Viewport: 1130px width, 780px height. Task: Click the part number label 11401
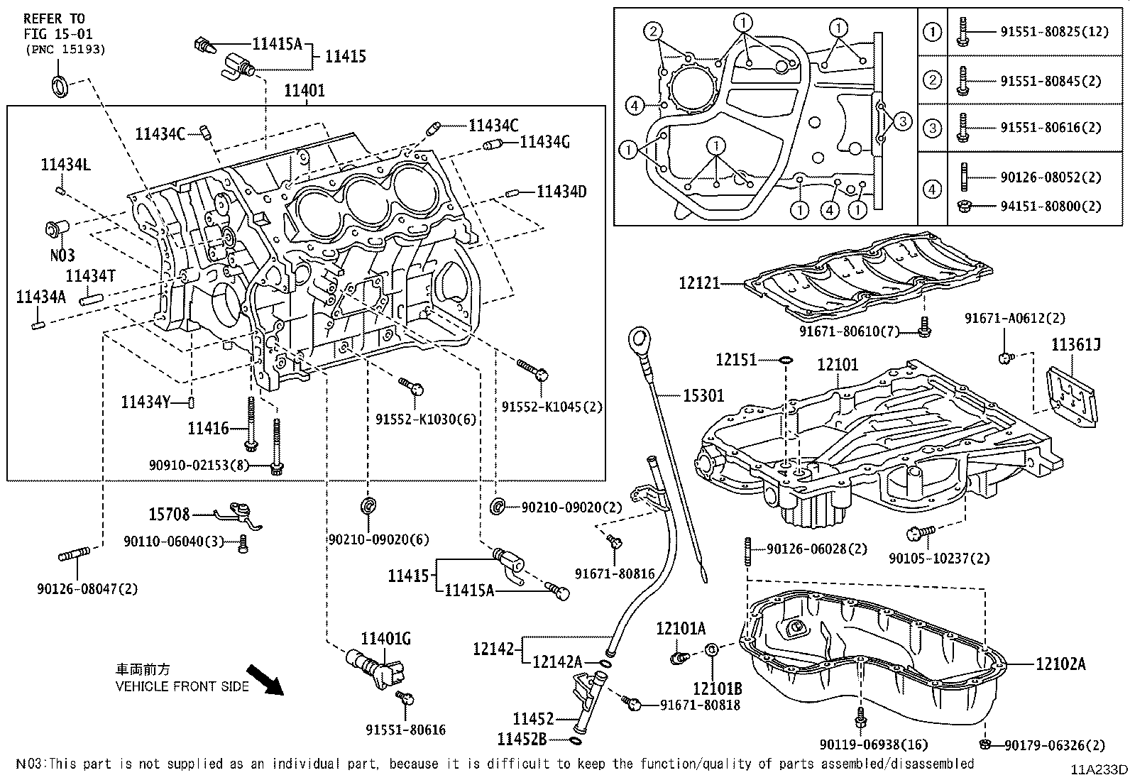coord(305,91)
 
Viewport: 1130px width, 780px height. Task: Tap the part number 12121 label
coord(699,283)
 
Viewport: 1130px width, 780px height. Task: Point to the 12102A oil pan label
coord(1060,664)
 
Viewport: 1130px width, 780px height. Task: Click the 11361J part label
coord(1075,345)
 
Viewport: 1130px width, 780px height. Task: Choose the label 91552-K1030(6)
coord(426,419)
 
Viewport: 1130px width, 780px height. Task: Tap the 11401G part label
coord(386,639)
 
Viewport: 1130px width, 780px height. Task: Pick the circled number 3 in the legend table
coord(932,128)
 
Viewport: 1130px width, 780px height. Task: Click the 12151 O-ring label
coord(736,361)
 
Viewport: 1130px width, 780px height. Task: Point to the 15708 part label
coord(169,514)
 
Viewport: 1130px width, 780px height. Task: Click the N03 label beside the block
coord(62,255)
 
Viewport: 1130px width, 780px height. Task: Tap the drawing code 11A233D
coord(1099,770)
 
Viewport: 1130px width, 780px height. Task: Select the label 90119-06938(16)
coord(873,745)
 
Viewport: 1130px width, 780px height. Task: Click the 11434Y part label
coord(146,403)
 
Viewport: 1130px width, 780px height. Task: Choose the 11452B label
coord(521,740)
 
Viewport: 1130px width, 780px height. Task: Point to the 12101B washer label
coord(718,688)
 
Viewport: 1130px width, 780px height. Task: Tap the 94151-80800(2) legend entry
coord(1051,207)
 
